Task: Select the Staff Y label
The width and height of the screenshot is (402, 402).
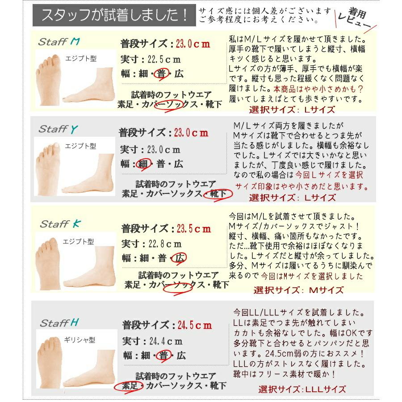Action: pos(59,130)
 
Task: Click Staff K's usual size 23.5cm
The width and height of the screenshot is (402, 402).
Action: pos(193,229)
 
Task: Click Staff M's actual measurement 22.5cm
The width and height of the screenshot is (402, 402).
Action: pos(163,59)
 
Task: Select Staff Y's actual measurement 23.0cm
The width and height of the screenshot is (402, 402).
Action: pos(162,150)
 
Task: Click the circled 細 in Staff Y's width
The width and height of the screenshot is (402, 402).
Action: pos(143,164)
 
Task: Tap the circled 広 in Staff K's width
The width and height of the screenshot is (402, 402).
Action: pos(180,258)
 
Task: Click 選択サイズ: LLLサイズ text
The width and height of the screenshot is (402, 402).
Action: pos(302,389)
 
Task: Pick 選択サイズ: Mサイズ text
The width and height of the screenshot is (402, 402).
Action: pos(299,290)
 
